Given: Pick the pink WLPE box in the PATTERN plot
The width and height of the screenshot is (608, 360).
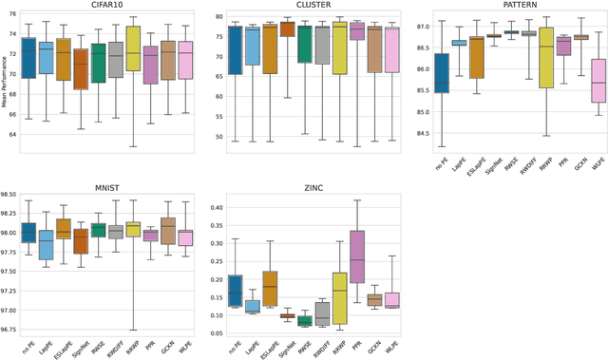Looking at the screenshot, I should point(598,81).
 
